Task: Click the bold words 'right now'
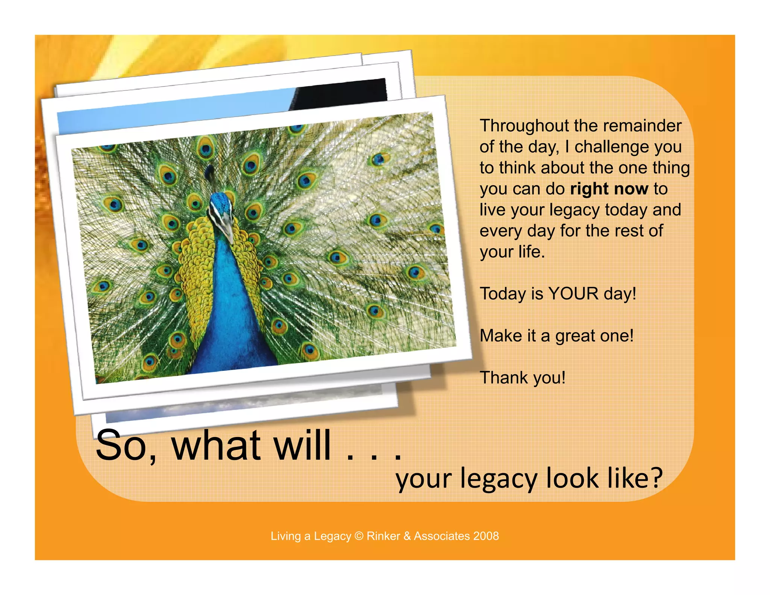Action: (x=609, y=189)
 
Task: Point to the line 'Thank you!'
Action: (x=523, y=378)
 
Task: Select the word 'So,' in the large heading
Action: (x=126, y=446)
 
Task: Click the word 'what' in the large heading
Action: (x=216, y=446)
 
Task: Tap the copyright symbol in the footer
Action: (x=359, y=536)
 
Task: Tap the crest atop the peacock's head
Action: (x=209, y=171)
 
